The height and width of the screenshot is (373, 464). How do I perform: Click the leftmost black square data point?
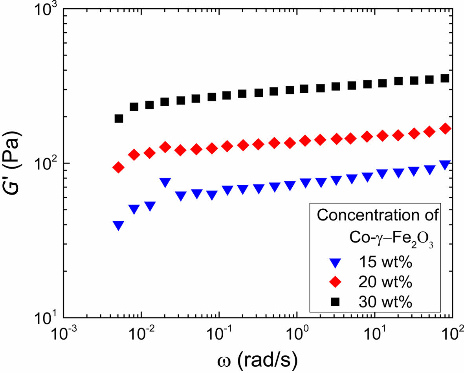tap(119, 119)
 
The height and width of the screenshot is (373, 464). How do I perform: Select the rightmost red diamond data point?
tap(445, 129)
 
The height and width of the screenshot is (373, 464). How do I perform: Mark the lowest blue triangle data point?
tap(119, 225)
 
